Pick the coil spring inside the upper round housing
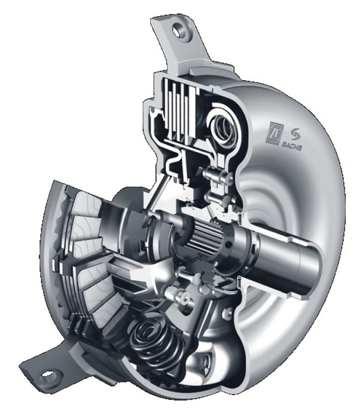pos(225,127)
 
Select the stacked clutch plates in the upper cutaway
pos(180,111)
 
